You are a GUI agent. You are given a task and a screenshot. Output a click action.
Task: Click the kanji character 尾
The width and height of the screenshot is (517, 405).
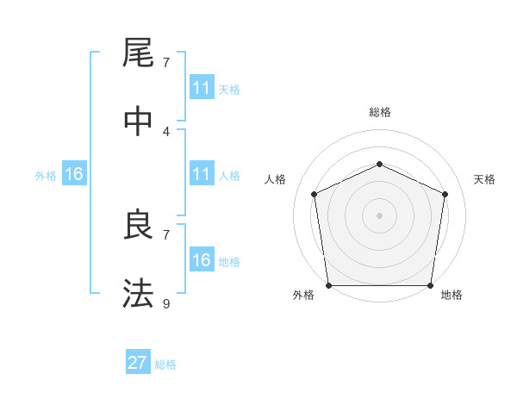pyautogui.click(x=138, y=53)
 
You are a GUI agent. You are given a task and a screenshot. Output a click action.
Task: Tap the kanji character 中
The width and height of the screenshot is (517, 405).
pyautogui.click(x=138, y=121)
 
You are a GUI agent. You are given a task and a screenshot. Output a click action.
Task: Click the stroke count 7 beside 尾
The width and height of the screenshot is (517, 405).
pyautogui.click(x=165, y=63)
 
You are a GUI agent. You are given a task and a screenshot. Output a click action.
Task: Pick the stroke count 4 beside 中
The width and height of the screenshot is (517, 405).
pyautogui.click(x=165, y=131)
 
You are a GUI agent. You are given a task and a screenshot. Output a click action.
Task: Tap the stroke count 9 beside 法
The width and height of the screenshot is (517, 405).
pyautogui.click(x=165, y=303)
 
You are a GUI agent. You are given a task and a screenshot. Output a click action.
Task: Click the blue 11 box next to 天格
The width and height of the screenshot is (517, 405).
pyautogui.click(x=202, y=88)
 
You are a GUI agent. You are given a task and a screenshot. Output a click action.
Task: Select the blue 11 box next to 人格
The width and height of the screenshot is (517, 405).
pyautogui.click(x=202, y=174)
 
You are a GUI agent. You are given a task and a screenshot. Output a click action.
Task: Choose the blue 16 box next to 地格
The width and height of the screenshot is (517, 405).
pyautogui.click(x=202, y=260)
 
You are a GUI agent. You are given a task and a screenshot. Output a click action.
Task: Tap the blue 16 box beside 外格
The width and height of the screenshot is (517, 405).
pyautogui.click(x=74, y=174)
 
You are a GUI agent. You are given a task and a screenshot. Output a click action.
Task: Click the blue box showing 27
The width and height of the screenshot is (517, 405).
pyautogui.click(x=138, y=362)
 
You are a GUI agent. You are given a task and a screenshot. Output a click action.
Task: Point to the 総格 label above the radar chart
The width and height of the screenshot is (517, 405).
pyautogui.click(x=379, y=112)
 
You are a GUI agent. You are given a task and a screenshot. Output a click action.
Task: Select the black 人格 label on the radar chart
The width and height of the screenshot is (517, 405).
pyautogui.click(x=276, y=179)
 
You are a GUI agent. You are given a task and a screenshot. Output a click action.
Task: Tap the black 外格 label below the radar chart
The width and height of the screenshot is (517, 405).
pyautogui.click(x=303, y=296)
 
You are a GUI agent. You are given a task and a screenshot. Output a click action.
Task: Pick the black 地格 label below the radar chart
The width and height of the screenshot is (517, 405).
pyautogui.click(x=452, y=296)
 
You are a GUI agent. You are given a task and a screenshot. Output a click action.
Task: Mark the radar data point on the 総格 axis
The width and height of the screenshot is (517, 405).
pyautogui.click(x=379, y=163)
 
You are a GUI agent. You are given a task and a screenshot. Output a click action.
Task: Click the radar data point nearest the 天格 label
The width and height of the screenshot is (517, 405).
pyautogui.click(x=445, y=194)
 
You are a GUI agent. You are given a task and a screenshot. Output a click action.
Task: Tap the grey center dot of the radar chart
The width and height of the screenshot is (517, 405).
pyautogui.click(x=379, y=215)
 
